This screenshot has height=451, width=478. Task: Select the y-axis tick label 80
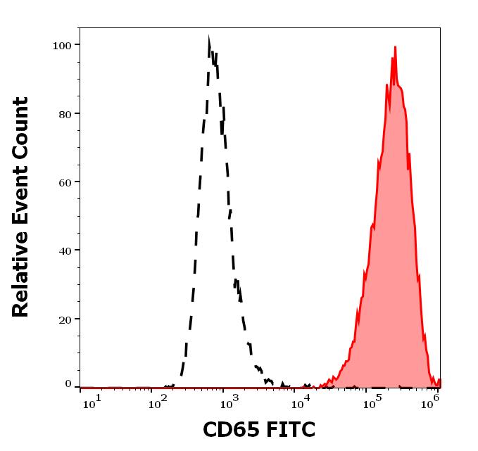(64, 113)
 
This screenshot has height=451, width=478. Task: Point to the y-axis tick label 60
(64, 182)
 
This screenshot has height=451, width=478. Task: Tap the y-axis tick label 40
(64, 250)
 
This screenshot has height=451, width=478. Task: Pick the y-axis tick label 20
(64, 319)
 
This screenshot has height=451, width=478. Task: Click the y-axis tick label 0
(68, 384)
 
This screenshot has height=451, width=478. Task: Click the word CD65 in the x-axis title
(231, 429)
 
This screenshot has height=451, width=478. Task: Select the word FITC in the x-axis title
(287, 429)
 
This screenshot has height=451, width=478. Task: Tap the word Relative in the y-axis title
(21, 269)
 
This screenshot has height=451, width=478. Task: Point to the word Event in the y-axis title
(21, 186)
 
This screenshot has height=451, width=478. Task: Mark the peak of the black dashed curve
(209, 39)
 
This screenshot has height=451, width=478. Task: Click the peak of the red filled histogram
(396, 47)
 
